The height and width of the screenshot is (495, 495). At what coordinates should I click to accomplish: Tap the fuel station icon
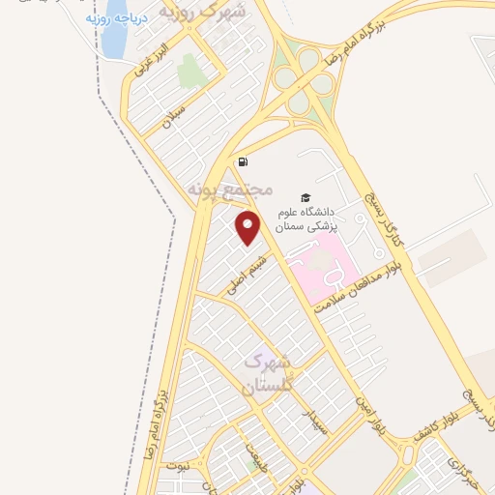241,161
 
